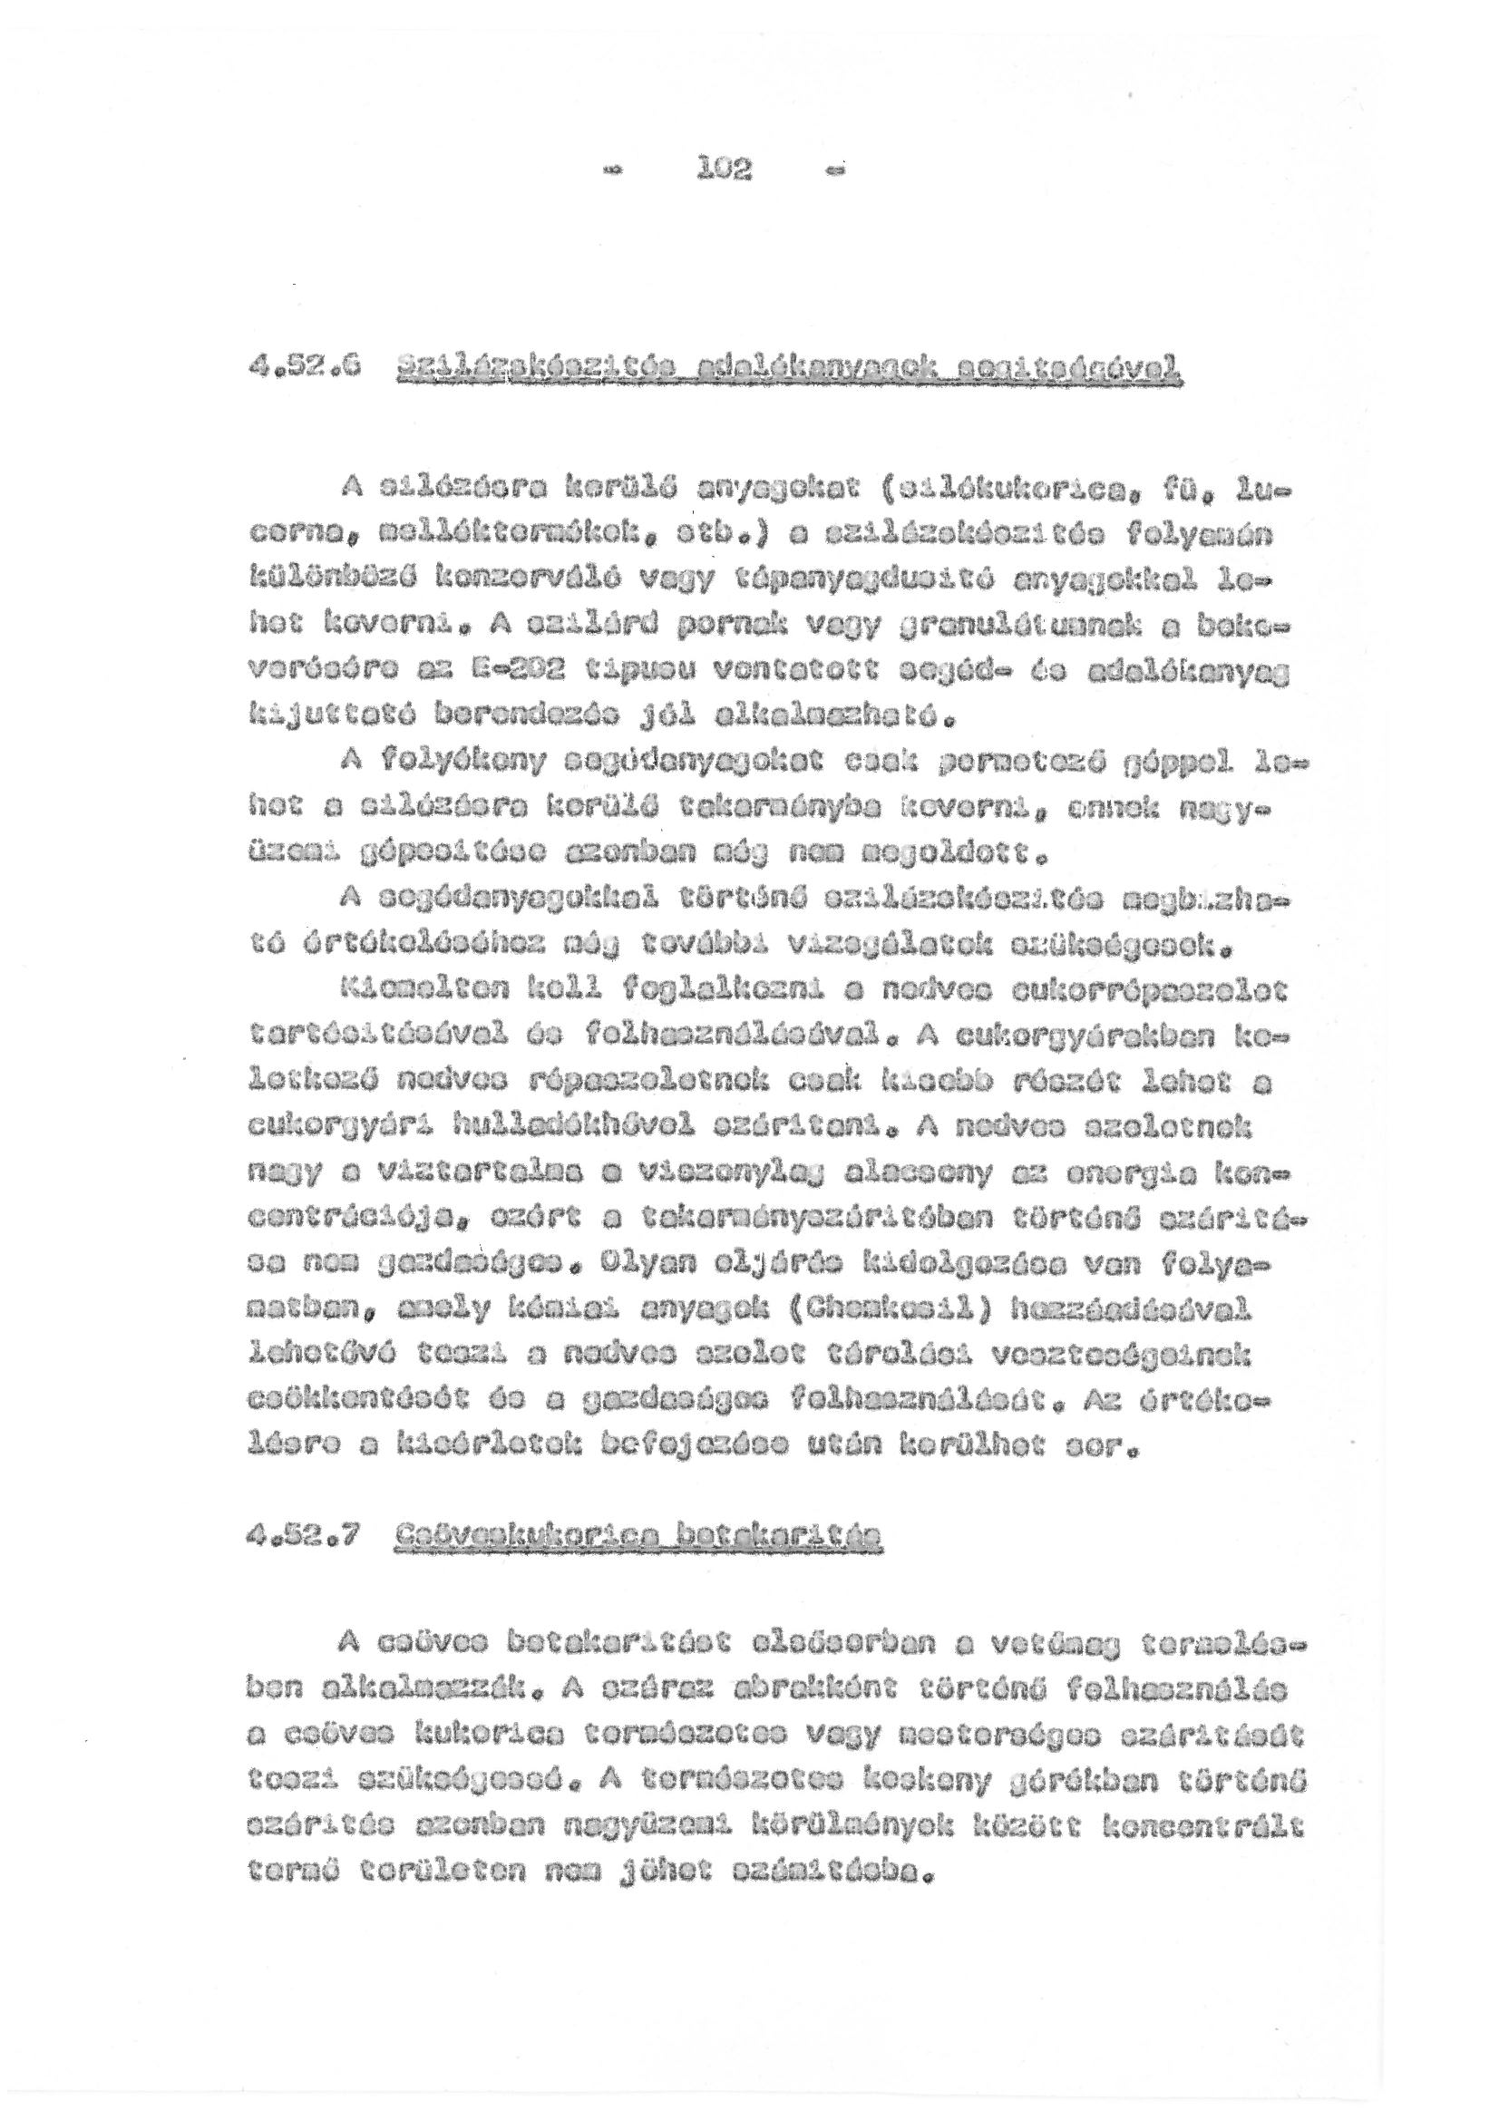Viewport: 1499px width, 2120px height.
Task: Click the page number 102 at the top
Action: [727, 169]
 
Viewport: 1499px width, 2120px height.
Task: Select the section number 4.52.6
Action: [286, 369]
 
